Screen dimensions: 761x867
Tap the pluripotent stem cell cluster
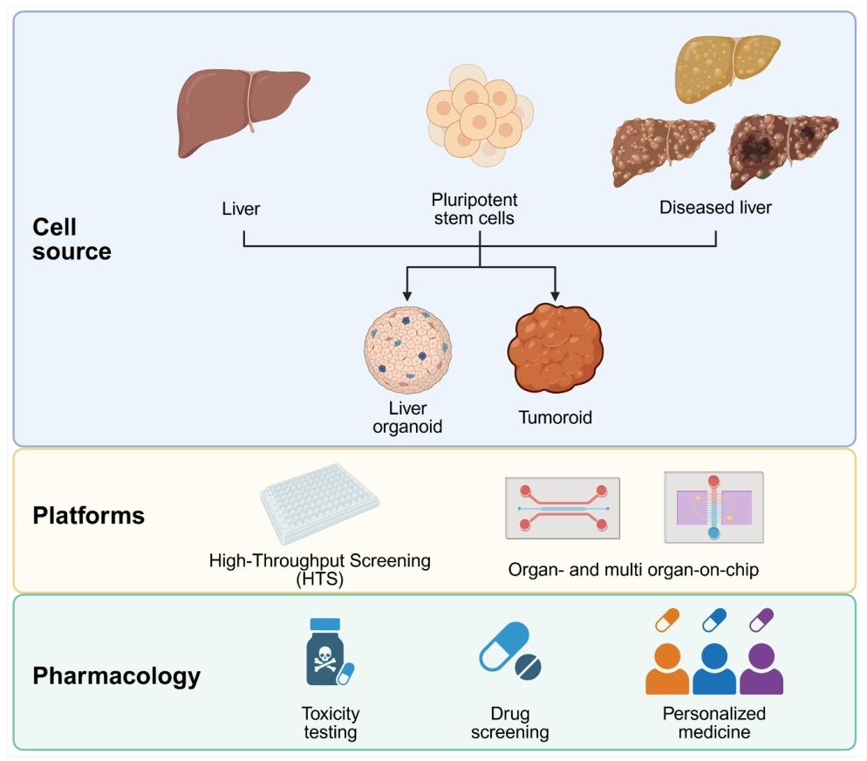click(479, 117)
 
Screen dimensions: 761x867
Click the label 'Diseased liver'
click(715, 208)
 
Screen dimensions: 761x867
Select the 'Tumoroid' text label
click(555, 417)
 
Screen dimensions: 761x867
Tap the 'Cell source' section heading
click(72, 239)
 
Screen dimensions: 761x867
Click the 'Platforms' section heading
click(88, 515)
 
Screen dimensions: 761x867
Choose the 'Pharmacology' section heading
click(116, 675)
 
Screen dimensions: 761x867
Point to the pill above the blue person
click(714, 620)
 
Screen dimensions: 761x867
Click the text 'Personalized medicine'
click(714, 723)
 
